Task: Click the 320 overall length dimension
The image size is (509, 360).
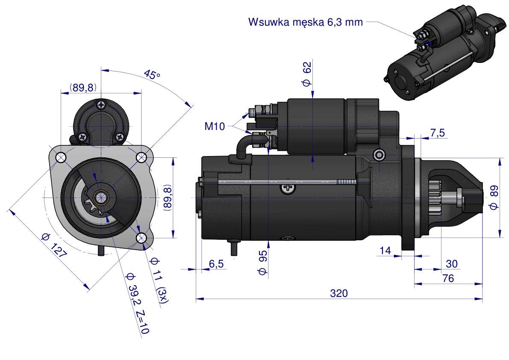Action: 339,293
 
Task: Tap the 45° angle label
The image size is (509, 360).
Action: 152,75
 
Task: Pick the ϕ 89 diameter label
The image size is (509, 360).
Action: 494,197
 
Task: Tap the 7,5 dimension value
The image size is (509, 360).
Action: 437,133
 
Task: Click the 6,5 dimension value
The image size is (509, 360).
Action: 216,264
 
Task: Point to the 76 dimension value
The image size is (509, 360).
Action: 448,278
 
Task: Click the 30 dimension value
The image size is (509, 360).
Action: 451,264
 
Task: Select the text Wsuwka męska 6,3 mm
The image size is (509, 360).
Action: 305,22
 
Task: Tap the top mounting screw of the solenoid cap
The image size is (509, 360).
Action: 101,104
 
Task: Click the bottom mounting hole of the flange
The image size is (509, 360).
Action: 142,237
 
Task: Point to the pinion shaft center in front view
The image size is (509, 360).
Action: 101,197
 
